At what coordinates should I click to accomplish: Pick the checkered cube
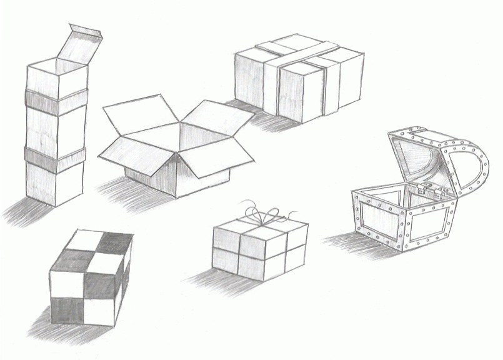click(91, 278)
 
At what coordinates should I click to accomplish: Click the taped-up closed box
click(299, 78)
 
